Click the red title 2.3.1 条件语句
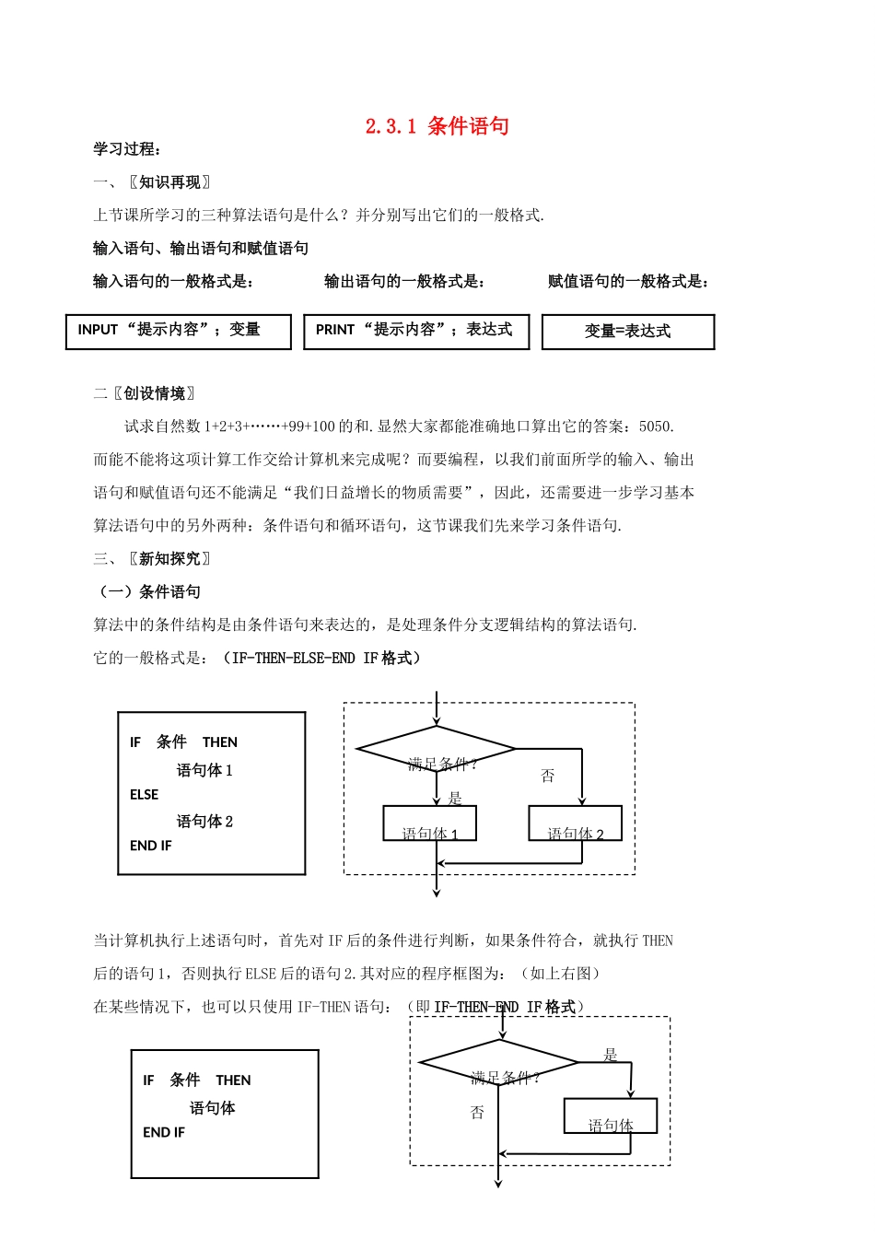[x=437, y=126]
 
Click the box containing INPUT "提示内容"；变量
[x=178, y=332]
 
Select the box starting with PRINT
[x=416, y=332]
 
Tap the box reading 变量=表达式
[x=627, y=333]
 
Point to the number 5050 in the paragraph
[x=655, y=426]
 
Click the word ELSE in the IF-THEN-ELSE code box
[x=144, y=795]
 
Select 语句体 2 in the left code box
[x=204, y=821]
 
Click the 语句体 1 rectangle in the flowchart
[x=429, y=823]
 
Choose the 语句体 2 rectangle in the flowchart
[x=575, y=823]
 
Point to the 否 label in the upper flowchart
[x=548, y=776]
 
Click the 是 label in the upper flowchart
[x=454, y=798]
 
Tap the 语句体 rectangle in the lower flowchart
[x=611, y=1115]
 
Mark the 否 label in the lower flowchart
[x=477, y=1113]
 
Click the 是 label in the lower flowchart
[x=610, y=1055]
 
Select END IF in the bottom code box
[x=164, y=1133]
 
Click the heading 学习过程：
[x=127, y=149]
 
